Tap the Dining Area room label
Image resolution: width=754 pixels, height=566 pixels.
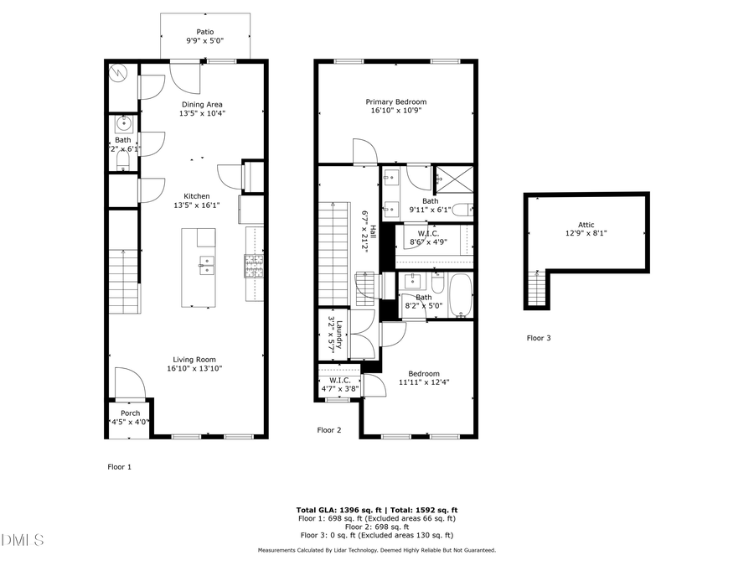[203, 104]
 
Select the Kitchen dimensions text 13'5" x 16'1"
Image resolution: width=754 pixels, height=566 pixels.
[203, 205]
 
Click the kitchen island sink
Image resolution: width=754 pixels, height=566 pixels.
[205, 267]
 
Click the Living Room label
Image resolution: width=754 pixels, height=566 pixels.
[194, 360]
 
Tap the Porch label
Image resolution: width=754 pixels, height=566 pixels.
[130, 413]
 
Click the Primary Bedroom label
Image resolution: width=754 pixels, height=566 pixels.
[395, 101]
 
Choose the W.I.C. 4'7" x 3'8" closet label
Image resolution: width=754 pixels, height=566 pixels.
[339, 380]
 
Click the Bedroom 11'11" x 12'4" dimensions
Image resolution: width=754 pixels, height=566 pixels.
[423, 383]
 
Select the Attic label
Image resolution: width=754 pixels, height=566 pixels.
[586, 225]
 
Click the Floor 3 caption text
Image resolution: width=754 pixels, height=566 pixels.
[539, 338]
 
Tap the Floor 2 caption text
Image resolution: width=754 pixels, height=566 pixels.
[329, 430]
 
